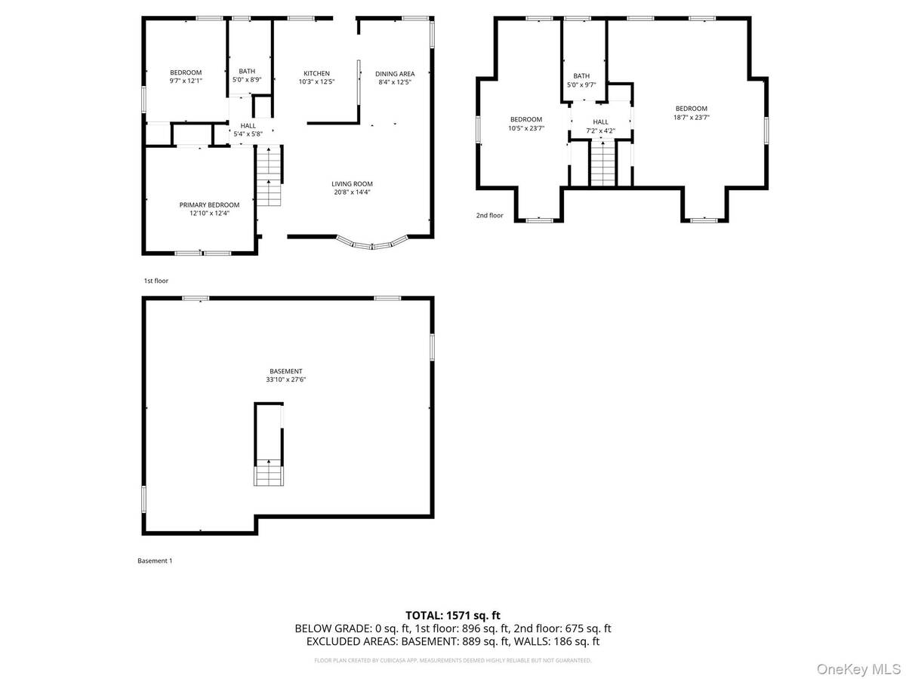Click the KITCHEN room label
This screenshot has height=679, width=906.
(x=316, y=74)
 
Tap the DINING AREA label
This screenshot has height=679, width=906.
(x=395, y=74)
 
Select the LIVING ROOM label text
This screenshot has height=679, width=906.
(x=352, y=184)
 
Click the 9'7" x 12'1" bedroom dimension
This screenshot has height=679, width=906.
(x=185, y=81)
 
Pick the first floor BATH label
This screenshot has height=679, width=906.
(x=247, y=72)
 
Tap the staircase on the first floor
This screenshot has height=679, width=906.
(x=268, y=177)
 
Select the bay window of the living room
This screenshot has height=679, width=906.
(x=372, y=244)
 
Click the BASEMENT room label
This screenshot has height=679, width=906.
(x=285, y=371)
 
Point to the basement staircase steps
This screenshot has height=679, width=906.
(x=268, y=473)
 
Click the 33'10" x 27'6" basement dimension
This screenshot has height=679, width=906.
(x=285, y=380)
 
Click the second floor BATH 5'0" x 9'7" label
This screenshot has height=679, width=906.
(x=581, y=80)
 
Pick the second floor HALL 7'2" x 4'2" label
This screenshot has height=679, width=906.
(x=600, y=126)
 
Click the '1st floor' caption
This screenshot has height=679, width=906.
(x=156, y=281)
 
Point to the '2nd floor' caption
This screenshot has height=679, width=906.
(x=489, y=216)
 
